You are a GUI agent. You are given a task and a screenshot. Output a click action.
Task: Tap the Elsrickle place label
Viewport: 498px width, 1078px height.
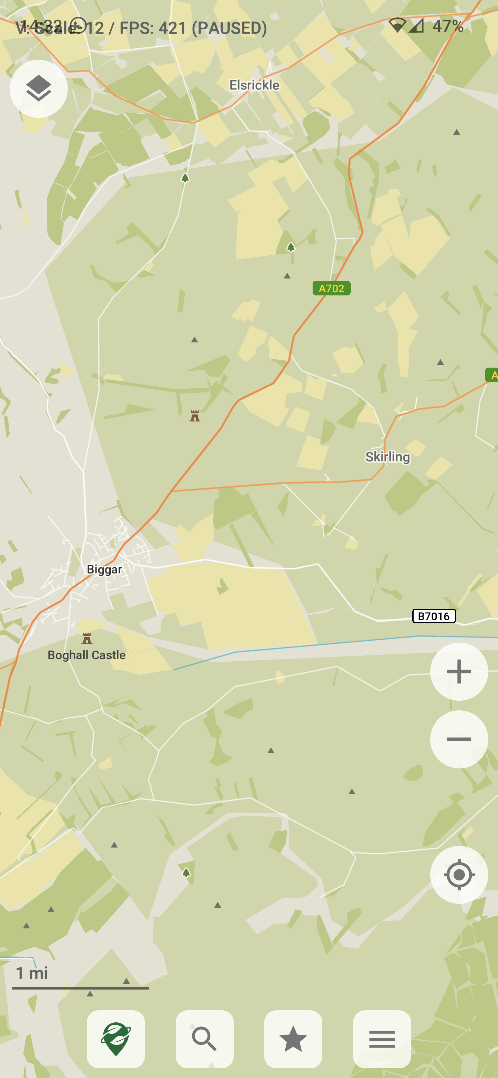(254, 85)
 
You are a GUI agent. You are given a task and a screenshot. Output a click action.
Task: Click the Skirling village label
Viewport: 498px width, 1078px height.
(387, 456)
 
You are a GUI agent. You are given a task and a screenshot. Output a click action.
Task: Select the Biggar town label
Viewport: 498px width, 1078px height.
(104, 569)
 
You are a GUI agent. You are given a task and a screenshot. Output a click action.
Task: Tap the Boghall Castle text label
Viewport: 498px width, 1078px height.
(87, 655)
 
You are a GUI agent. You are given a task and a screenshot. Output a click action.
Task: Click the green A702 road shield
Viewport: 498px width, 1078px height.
(331, 289)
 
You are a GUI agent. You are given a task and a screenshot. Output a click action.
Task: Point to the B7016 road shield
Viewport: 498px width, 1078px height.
(434, 616)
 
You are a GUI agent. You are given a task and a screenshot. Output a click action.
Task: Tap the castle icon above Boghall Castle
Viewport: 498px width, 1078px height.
(87, 638)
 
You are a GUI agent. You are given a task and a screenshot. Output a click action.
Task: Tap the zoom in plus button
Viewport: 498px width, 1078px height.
(459, 672)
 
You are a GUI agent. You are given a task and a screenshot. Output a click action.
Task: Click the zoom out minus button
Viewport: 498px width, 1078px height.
(459, 739)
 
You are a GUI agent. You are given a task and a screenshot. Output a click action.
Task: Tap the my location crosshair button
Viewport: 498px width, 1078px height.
(459, 874)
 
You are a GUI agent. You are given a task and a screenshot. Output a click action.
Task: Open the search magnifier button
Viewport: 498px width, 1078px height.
(204, 1039)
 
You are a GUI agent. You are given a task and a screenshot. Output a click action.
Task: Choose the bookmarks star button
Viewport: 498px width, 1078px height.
(293, 1039)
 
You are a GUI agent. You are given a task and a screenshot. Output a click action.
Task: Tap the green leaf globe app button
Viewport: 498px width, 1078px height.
(116, 1039)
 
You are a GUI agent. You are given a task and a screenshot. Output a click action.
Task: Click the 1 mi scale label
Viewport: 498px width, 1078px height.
(32, 973)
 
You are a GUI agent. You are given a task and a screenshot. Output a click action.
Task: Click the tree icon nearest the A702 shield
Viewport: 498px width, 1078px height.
(291, 247)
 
